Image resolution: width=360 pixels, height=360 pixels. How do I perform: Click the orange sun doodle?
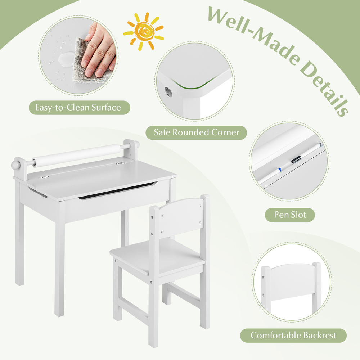(144, 31)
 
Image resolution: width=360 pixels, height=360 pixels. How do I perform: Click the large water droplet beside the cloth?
(66, 59)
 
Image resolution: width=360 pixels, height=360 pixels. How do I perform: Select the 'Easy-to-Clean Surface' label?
(80, 107)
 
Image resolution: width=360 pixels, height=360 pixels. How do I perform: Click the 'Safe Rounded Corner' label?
(196, 132)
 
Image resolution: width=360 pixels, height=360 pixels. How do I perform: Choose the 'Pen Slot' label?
(290, 215)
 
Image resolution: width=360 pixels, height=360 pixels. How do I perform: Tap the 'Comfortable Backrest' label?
(293, 336)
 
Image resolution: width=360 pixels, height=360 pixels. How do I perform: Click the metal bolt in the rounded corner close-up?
(168, 91)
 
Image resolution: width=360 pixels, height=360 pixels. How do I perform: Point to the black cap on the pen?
(296, 159)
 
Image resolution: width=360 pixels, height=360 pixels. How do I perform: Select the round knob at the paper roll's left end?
(15, 165)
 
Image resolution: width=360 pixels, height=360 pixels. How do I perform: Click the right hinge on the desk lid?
(120, 163)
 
